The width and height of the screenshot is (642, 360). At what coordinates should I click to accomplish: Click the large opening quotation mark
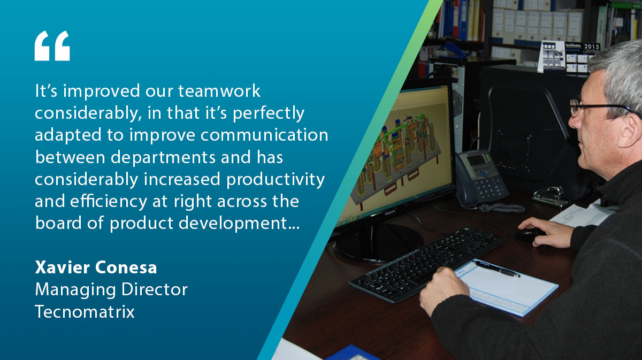pyautogui.click(x=52, y=46)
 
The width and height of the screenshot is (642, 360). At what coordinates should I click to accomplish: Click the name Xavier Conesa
pyautogui.click(x=96, y=267)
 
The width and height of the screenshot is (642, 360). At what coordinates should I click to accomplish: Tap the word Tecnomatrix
pyautogui.click(x=85, y=311)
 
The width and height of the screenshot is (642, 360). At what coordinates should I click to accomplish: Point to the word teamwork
pyautogui.click(x=219, y=91)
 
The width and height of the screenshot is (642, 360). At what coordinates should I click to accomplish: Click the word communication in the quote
pyautogui.click(x=264, y=135)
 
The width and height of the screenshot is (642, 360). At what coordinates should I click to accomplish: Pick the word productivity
pyautogui.click(x=276, y=180)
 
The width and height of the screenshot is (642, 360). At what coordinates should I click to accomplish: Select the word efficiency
pyautogui.click(x=109, y=201)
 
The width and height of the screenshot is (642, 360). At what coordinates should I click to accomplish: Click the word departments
pyautogui.click(x=163, y=158)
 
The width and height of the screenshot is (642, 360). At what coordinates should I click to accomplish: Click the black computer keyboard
pyautogui.click(x=426, y=265)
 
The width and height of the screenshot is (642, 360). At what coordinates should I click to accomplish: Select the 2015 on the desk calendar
pyautogui.click(x=592, y=47)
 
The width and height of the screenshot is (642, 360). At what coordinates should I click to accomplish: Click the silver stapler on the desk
pyautogui.click(x=550, y=196)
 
